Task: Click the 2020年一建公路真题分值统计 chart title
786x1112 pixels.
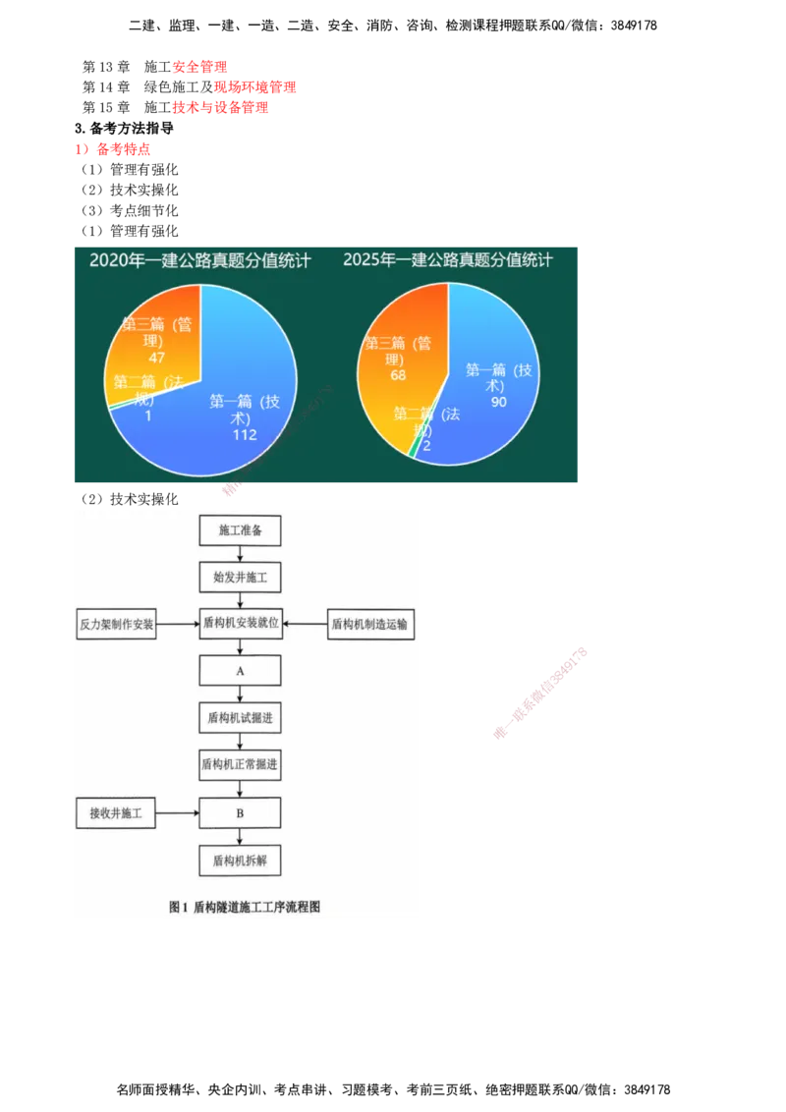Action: pyautogui.click(x=200, y=261)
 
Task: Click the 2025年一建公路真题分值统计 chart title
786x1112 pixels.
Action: pyautogui.click(x=448, y=260)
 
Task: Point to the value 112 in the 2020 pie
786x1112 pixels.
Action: pyautogui.click(x=245, y=434)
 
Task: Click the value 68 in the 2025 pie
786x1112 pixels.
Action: pyautogui.click(x=398, y=375)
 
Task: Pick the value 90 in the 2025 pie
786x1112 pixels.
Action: pyautogui.click(x=498, y=402)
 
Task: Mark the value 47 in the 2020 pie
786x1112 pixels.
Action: pyautogui.click(x=156, y=358)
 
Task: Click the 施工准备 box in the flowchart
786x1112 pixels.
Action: pyautogui.click(x=240, y=531)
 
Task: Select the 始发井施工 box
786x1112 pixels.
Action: pyautogui.click(x=240, y=577)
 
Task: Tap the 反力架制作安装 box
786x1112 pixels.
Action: pyautogui.click(x=116, y=624)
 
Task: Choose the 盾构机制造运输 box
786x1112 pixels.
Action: pyautogui.click(x=368, y=624)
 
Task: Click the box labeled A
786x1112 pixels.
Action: pyautogui.click(x=240, y=670)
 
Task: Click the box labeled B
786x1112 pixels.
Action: pyautogui.click(x=240, y=813)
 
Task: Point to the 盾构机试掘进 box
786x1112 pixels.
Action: pyautogui.click(x=240, y=718)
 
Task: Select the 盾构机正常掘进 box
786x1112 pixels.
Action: pyautogui.click(x=240, y=764)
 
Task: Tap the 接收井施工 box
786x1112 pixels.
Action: pyautogui.click(x=116, y=813)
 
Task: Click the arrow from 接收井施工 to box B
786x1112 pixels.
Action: pyautogui.click(x=178, y=813)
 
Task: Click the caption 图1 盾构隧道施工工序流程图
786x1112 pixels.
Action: pyautogui.click(x=245, y=908)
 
